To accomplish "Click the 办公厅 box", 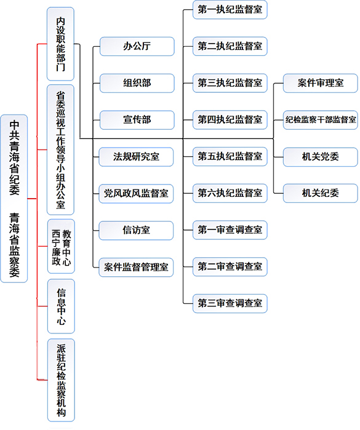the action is (137, 46).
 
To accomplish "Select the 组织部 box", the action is (137, 83).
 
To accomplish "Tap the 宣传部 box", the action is (137, 120).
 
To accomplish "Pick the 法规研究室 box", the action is (136, 157).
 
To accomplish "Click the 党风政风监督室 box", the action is (136, 194).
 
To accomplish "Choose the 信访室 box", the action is (136, 230).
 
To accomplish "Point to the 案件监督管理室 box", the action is (136, 267).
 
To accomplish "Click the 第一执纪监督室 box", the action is (230, 10).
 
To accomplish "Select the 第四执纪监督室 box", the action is (230, 120).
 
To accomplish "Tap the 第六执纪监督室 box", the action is (230, 193).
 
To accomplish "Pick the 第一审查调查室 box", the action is (230, 230).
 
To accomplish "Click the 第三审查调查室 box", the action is (230, 303).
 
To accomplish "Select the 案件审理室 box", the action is (321, 83).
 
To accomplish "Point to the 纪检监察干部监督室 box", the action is (321, 120).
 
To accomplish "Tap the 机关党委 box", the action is (321, 157).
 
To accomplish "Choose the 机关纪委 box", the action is (321, 193).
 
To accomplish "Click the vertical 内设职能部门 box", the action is (61, 44).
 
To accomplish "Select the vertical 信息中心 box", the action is (61, 306).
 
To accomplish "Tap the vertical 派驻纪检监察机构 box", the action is (61, 380).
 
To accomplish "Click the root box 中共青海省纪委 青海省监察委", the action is (14, 199).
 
